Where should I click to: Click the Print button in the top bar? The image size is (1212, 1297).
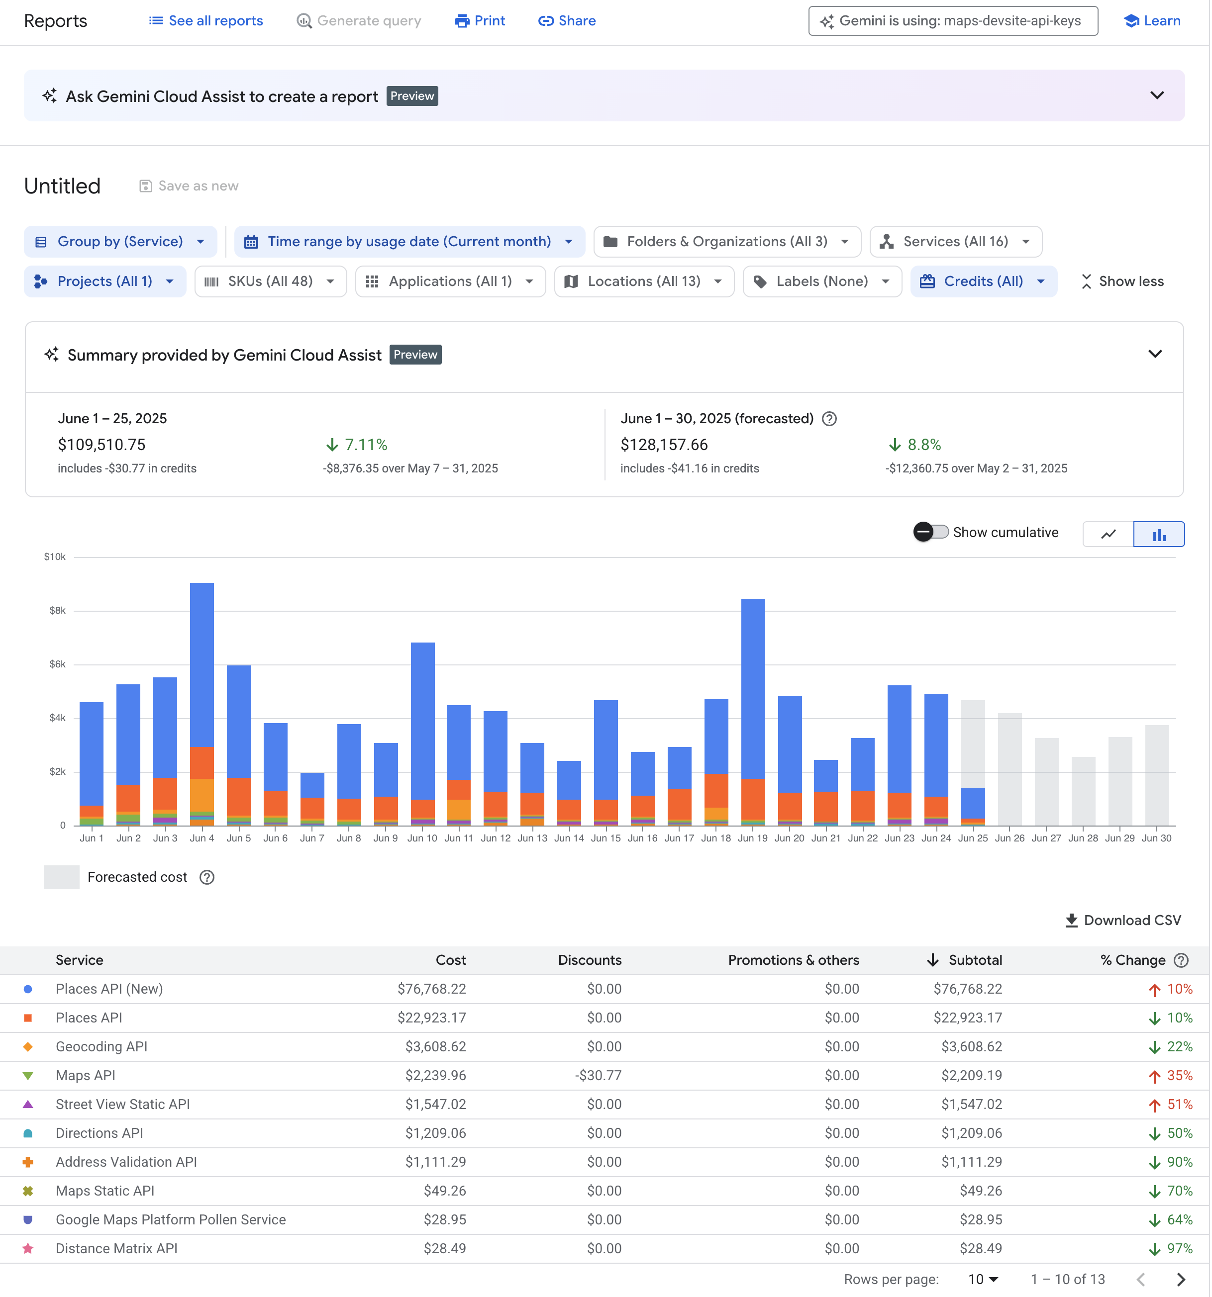pyautogui.click(x=480, y=21)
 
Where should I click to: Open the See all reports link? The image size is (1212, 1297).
pyautogui.click(x=206, y=21)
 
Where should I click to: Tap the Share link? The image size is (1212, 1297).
pyautogui.click(x=567, y=21)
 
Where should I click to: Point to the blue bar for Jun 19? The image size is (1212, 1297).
pyautogui.click(x=753, y=688)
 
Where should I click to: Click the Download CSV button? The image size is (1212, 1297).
pyautogui.click(x=1123, y=921)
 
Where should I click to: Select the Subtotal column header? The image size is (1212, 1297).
pyautogui.click(x=975, y=960)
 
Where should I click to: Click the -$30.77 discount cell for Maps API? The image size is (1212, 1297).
pyautogui.click(x=598, y=1076)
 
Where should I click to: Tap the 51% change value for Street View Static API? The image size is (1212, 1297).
pyautogui.click(x=1179, y=1105)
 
